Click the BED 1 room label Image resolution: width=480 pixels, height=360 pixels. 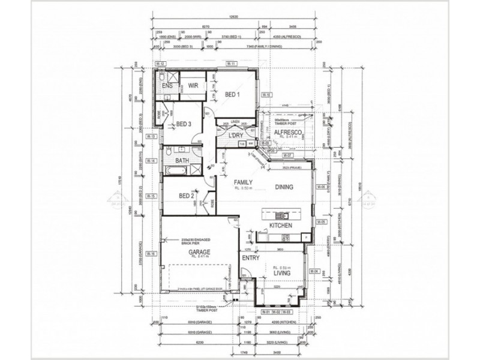(x=233, y=95)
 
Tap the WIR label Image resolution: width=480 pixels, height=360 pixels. (x=193, y=86)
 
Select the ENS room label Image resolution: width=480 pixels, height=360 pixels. (x=168, y=86)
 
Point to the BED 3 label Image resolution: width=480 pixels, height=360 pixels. (x=183, y=124)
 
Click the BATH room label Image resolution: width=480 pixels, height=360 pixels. (x=183, y=161)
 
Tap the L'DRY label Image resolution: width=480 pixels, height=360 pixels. (x=235, y=137)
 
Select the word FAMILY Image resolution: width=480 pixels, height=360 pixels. (x=242, y=182)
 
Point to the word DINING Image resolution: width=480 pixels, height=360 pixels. (x=284, y=187)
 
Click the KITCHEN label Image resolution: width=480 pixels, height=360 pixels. (x=281, y=226)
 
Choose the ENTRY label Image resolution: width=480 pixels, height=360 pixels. (x=250, y=257)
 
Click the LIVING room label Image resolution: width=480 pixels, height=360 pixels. (x=282, y=273)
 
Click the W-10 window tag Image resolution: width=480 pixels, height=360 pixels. (x=266, y=95)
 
